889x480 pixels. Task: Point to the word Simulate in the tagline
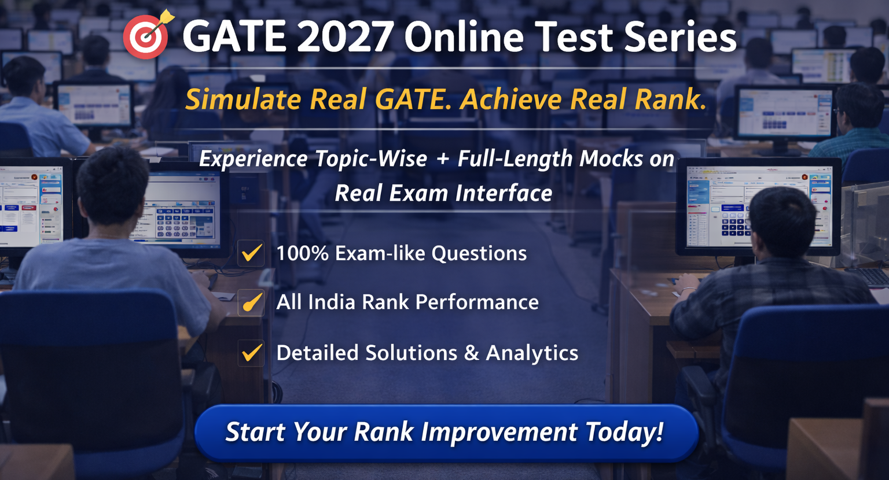click(x=243, y=99)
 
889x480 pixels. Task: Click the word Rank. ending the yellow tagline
click(x=671, y=99)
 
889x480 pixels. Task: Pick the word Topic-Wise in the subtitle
click(x=370, y=158)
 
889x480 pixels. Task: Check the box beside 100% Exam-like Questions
click(x=251, y=253)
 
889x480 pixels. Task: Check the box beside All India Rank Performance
click(x=251, y=302)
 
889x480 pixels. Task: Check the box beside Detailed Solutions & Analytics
click(x=251, y=353)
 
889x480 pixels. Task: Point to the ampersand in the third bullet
click(x=472, y=353)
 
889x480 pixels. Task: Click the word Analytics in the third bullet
click(x=532, y=353)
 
